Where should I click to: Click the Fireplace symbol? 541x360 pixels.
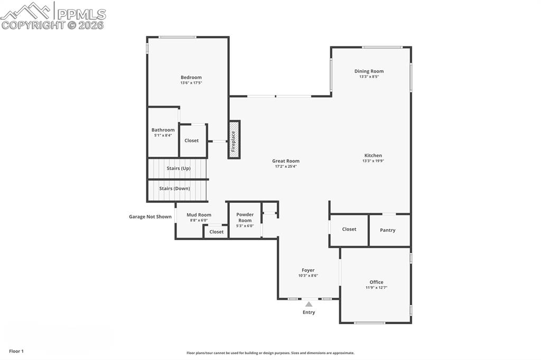point(234,139)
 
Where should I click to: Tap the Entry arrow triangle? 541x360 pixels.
point(309,304)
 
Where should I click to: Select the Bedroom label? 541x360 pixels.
point(191,78)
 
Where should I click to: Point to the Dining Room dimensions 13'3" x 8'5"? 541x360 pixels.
point(369,77)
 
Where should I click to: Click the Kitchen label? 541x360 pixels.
point(373,156)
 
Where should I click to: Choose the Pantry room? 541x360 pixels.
point(388,230)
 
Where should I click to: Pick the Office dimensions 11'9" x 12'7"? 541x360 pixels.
point(377,288)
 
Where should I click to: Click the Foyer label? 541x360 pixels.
point(308,270)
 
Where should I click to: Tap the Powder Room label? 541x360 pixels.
point(245,217)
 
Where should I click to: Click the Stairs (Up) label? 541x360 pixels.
point(179,168)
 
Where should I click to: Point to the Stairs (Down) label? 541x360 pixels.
point(175,188)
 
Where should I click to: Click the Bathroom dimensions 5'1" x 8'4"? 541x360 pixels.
point(163,136)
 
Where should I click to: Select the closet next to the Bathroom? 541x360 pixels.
point(192,140)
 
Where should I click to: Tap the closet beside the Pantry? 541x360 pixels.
point(349,229)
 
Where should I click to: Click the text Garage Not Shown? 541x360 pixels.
point(151,216)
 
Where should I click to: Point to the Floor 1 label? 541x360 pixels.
point(16,351)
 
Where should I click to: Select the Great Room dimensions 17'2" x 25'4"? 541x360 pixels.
point(286,167)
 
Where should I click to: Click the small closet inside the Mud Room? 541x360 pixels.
point(217,232)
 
